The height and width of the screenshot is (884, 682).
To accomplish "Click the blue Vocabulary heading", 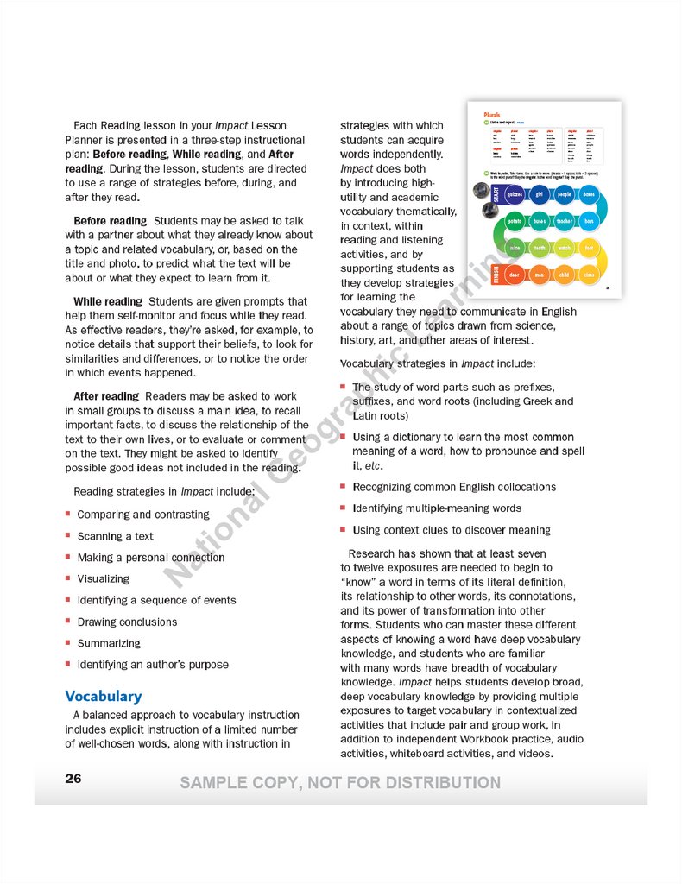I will click(103, 696).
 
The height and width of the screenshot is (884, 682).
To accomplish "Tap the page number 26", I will click(73, 779).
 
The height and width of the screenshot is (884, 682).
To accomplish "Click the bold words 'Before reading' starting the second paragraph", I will click(110, 221).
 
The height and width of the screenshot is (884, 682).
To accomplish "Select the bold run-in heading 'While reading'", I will click(108, 301).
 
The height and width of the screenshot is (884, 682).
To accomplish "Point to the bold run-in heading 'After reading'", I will click(106, 396).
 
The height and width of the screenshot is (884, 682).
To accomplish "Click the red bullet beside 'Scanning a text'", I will click(68, 535).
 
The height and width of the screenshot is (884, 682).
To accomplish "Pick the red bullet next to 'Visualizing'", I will click(68, 578).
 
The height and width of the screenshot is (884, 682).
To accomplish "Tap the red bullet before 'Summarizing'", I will click(68, 642).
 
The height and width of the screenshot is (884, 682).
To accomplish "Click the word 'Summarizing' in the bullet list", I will click(104, 643).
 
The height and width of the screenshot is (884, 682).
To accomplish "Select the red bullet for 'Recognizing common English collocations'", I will click(344, 486).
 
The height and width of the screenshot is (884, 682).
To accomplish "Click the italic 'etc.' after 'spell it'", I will click(373, 466).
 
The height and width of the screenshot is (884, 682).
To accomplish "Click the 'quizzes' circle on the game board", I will click(515, 195).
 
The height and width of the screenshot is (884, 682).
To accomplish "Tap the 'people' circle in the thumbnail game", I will click(565, 195).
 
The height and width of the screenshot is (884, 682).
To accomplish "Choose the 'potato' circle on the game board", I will click(515, 222).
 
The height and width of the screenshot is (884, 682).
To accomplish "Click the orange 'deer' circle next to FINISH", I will click(515, 275).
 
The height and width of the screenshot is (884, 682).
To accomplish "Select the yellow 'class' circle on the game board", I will click(589, 275).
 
